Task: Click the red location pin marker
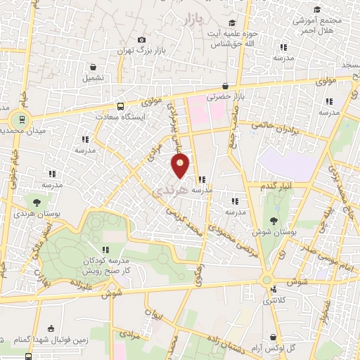coord(181,166)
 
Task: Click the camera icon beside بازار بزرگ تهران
coord(142,39)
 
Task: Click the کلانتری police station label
coord(275,301)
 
